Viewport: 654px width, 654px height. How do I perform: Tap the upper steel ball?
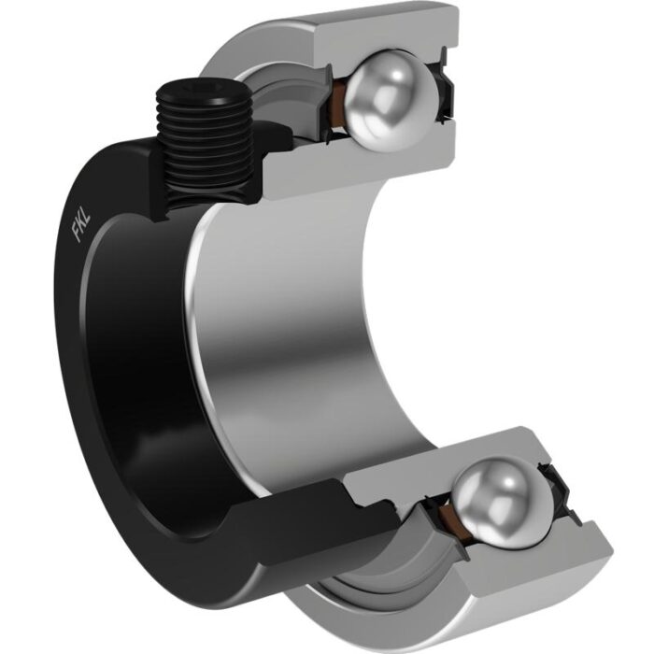coord(391,101)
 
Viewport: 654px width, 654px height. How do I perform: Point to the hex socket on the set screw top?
coord(202,89)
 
